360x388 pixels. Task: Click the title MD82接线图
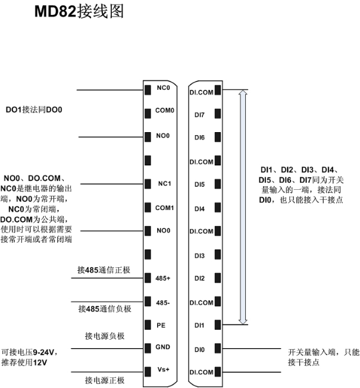(79, 11)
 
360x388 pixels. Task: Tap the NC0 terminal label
(163, 88)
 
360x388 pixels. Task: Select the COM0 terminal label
(165, 110)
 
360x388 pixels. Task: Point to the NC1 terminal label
(165, 184)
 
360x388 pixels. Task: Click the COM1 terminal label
(165, 208)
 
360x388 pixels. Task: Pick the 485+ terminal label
(163, 279)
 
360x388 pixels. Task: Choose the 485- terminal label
(163, 303)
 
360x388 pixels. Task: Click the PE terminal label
(161, 325)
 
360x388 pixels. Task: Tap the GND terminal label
(163, 347)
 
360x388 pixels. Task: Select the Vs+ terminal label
(163, 370)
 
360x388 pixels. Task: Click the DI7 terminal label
(199, 115)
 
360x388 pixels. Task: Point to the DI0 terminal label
(199, 350)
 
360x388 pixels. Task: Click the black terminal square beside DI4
(218, 208)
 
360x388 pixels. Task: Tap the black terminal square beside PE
(148, 325)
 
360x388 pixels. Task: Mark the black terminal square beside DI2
(218, 278)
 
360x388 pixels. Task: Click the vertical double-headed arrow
(243, 207)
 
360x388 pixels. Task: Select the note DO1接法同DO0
(34, 110)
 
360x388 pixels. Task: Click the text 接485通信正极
(104, 270)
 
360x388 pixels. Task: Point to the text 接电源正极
(105, 380)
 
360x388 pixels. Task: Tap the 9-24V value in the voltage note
(43, 352)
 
